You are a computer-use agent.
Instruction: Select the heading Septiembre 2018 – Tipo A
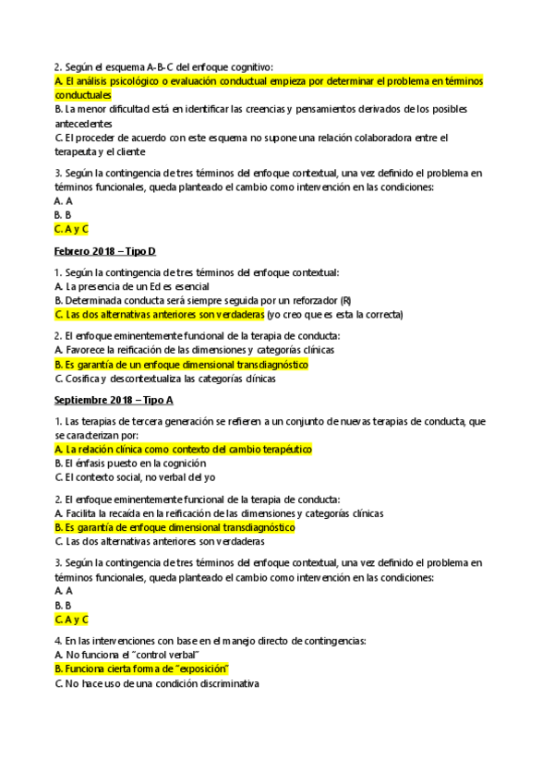point(114,400)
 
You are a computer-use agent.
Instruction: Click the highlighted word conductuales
point(83,95)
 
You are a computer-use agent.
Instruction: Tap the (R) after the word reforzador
point(345,300)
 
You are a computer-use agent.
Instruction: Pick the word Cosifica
point(83,378)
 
